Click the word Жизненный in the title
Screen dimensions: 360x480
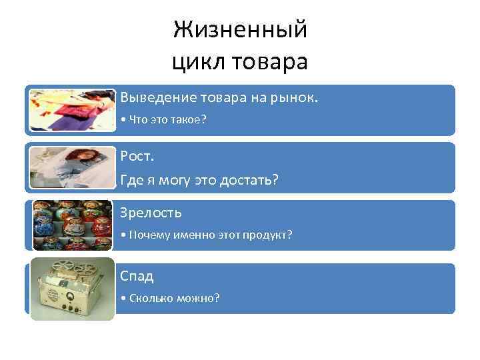coord(240,30)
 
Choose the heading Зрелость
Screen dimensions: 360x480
coord(151,213)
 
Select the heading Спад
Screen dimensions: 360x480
coord(137,275)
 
